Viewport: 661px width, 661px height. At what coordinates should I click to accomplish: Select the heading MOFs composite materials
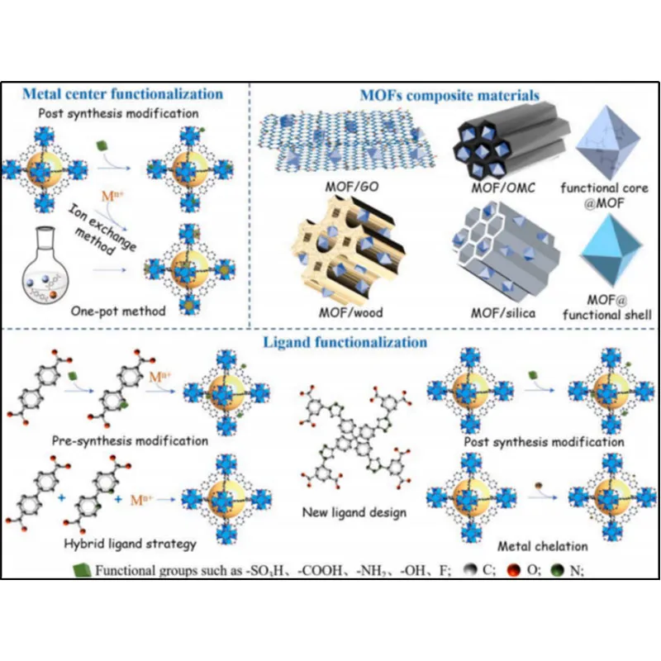[x=449, y=95]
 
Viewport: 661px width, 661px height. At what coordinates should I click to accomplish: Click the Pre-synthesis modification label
[x=129, y=440]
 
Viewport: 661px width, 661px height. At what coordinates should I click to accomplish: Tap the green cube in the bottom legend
[x=80, y=568]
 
